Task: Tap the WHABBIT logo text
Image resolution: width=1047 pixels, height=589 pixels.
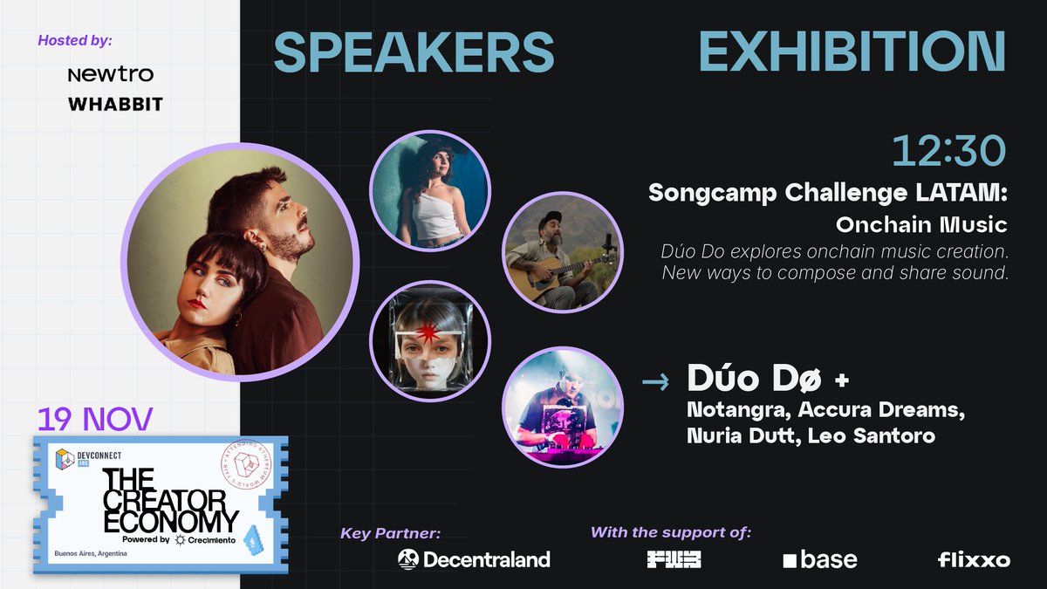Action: coord(115,105)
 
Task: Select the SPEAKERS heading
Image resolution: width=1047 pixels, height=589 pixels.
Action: coord(414,52)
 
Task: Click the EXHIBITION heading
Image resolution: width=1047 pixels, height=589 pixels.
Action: coord(852,52)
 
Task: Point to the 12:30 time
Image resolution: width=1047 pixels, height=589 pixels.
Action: coord(948,153)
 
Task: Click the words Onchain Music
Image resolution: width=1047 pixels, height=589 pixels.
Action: coord(920,225)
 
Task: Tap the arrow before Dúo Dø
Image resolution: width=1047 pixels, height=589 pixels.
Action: coord(655,381)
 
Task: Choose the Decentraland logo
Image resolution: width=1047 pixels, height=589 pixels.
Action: coord(474,559)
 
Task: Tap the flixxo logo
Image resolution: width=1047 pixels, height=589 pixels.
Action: coord(974,559)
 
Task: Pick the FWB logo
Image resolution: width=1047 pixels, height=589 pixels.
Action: coord(674,559)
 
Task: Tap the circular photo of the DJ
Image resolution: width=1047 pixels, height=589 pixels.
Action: coord(563,406)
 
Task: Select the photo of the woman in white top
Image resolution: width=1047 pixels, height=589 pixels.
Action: coord(429,189)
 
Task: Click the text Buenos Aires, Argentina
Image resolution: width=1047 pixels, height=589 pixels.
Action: coord(91,553)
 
